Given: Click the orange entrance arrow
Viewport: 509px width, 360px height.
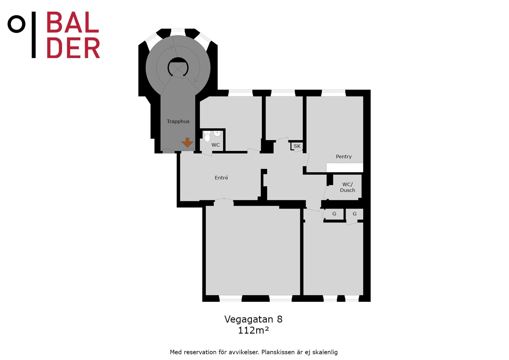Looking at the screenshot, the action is (187, 142).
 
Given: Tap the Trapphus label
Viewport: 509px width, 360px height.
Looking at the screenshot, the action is (178, 121).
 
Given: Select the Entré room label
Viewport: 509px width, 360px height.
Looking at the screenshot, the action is (221, 178).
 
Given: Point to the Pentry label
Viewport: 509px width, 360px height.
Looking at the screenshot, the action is (344, 156).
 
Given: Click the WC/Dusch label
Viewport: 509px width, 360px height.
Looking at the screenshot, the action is (347, 187).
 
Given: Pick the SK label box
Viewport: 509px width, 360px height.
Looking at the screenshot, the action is (297, 146).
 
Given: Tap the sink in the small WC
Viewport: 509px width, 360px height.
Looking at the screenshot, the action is (217, 134).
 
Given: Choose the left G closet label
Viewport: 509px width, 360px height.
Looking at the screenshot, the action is (334, 214).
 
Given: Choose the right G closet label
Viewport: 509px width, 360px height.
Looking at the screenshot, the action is (355, 214).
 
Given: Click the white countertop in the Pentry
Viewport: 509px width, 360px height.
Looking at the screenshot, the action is (345, 168).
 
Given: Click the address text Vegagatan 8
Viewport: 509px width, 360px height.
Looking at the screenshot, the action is (253, 319).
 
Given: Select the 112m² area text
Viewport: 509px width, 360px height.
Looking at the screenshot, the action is (253, 330).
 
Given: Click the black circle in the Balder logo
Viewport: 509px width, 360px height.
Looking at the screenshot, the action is (16, 24).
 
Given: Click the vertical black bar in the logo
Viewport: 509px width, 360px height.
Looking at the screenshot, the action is (34, 35).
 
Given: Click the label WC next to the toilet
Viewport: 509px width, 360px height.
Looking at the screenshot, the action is (216, 145).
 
